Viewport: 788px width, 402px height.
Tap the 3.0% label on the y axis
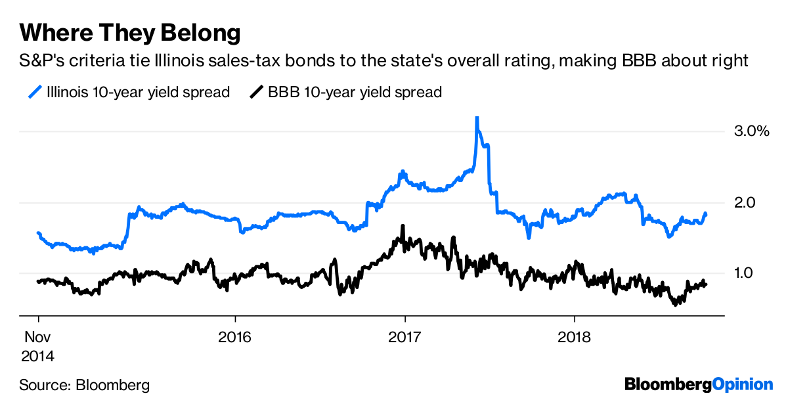pyautogui.click(x=751, y=132)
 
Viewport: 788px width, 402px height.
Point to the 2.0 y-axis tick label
pyautogui.click(x=746, y=202)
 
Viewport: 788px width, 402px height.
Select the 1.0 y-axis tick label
pyautogui.click(x=746, y=273)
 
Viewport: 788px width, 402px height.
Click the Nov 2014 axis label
pyautogui.click(x=39, y=346)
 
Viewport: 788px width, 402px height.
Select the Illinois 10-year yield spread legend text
pyautogui.click(x=138, y=92)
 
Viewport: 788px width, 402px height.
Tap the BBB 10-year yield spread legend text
pyautogui.click(x=355, y=92)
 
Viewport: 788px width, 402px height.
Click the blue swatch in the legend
pyautogui.click(x=37, y=91)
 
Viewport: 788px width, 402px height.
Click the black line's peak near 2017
pyautogui.click(x=402, y=227)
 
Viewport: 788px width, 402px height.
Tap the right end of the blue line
pyautogui.click(x=706, y=213)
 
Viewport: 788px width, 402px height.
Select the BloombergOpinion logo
pyautogui.click(x=699, y=384)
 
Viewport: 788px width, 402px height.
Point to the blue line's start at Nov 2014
pyautogui.click(x=38, y=233)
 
